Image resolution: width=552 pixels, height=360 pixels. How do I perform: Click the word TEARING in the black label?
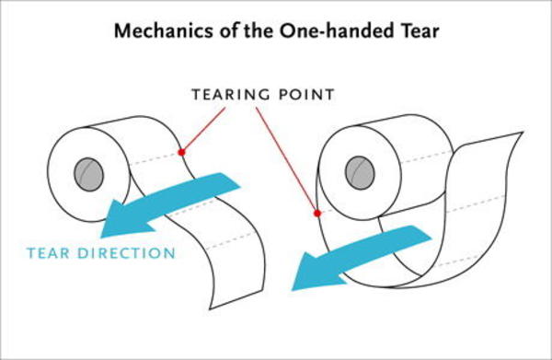coord(224,95)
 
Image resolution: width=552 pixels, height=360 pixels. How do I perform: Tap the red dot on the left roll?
coord(181,152)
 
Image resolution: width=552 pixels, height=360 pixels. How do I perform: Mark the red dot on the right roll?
coord(316,214)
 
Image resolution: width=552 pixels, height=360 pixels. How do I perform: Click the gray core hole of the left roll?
coord(88,172)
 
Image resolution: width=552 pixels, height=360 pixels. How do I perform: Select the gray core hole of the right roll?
coord(361,170)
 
